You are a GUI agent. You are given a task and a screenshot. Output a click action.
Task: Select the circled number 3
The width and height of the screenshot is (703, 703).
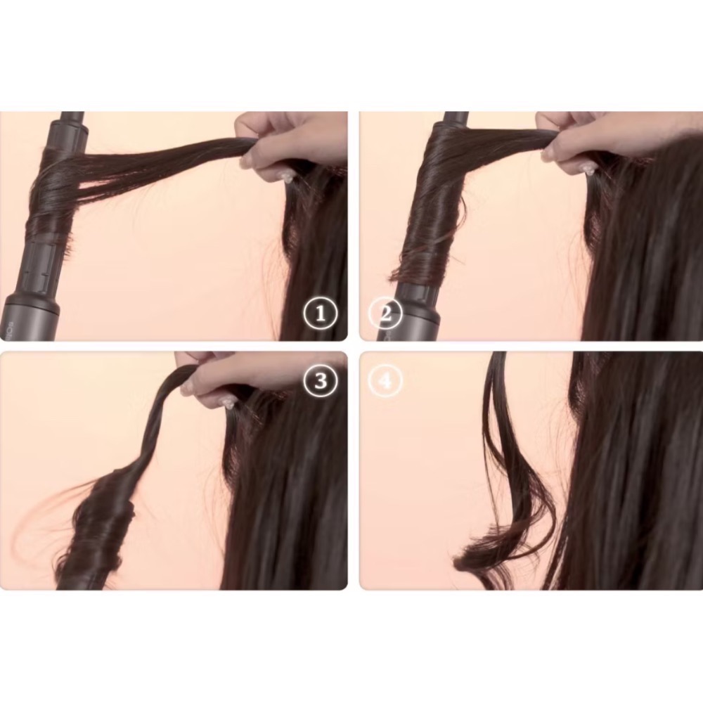(x=321, y=380)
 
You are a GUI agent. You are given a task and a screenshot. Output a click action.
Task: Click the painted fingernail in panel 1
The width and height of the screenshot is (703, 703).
(x=287, y=176)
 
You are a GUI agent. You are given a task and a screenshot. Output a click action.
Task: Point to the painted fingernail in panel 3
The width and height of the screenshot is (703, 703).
(x=226, y=402)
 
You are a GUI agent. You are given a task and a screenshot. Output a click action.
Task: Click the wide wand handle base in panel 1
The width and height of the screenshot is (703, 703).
(x=32, y=316)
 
